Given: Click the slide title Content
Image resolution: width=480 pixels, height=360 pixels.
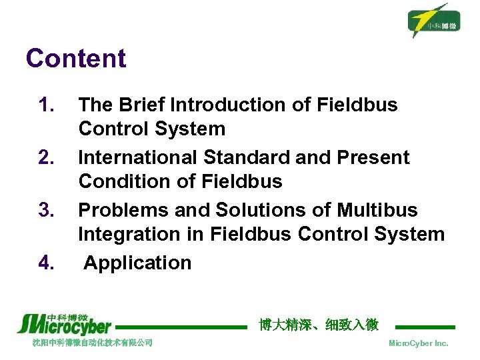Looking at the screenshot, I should [x=75, y=59].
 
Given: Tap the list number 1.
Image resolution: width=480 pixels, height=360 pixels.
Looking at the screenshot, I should [x=46, y=105].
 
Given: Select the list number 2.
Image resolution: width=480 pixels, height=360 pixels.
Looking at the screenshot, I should [x=46, y=158].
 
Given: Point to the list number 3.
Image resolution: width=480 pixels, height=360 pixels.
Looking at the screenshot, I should [x=46, y=211].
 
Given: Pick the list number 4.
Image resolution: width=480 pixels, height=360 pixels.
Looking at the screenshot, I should [x=46, y=263].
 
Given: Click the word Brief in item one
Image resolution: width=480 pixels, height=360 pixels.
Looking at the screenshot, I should [x=142, y=105].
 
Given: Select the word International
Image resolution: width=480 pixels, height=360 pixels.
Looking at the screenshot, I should [x=138, y=158].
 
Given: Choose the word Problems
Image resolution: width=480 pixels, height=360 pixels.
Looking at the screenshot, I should [x=124, y=211].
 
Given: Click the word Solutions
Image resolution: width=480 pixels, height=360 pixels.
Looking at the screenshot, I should [x=265, y=211].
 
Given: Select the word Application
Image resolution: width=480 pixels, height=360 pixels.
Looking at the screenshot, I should [x=137, y=263].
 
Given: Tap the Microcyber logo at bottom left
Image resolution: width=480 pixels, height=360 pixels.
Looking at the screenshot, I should [x=64, y=323].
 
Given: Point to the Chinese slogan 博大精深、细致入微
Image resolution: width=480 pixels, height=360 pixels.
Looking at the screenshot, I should [x=319, y=325].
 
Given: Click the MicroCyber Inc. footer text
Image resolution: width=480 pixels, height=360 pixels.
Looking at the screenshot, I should [x=418, y=343].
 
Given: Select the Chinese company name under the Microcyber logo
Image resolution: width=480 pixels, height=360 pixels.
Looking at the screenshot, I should [x=93, y=343].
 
